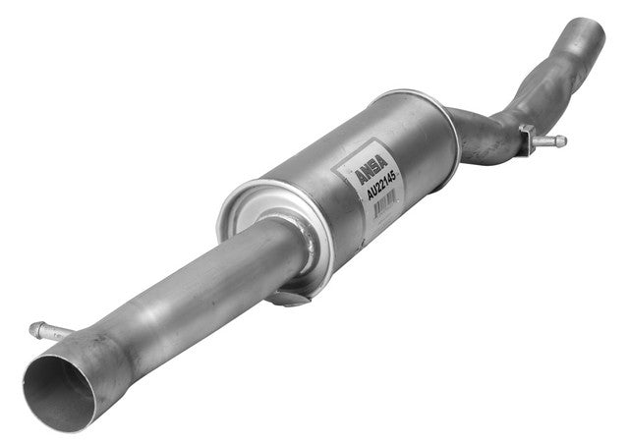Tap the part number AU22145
[x=378, y=185]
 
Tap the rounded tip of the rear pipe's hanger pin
[x=562, y=142]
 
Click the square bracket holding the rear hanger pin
[x=527, y=135]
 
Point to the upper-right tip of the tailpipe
[x=590, y=28]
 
